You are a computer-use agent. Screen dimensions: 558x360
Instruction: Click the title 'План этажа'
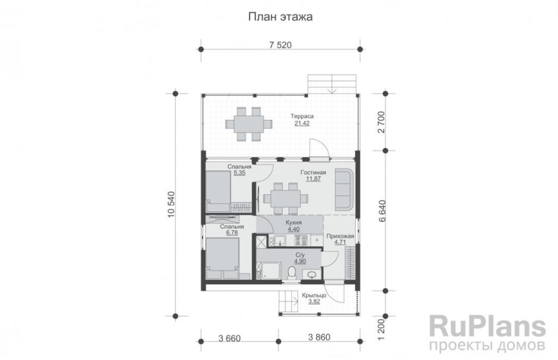[281, 17]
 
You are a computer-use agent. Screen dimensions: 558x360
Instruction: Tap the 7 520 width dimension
[281, 45]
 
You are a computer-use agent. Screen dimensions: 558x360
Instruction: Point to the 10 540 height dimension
[171, 205]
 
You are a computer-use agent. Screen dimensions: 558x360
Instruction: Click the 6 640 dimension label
[382, 211]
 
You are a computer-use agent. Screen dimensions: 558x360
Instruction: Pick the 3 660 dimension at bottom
[229, 338]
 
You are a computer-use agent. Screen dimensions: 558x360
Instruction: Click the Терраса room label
[302, 117]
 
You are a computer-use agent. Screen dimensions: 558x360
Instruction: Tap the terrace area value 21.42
[302, 124]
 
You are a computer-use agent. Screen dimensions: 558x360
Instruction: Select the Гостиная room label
[313, 173]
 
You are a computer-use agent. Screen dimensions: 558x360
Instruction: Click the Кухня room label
[294, 223]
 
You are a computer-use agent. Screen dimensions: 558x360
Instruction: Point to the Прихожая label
[340, 236]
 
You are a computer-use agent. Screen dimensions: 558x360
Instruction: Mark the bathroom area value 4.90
[300, 261]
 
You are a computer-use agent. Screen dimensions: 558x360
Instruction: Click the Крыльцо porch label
[314, 295]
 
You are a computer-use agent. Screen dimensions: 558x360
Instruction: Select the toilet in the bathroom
[292, 273]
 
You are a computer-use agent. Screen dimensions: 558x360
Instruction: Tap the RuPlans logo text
[487, 327]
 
